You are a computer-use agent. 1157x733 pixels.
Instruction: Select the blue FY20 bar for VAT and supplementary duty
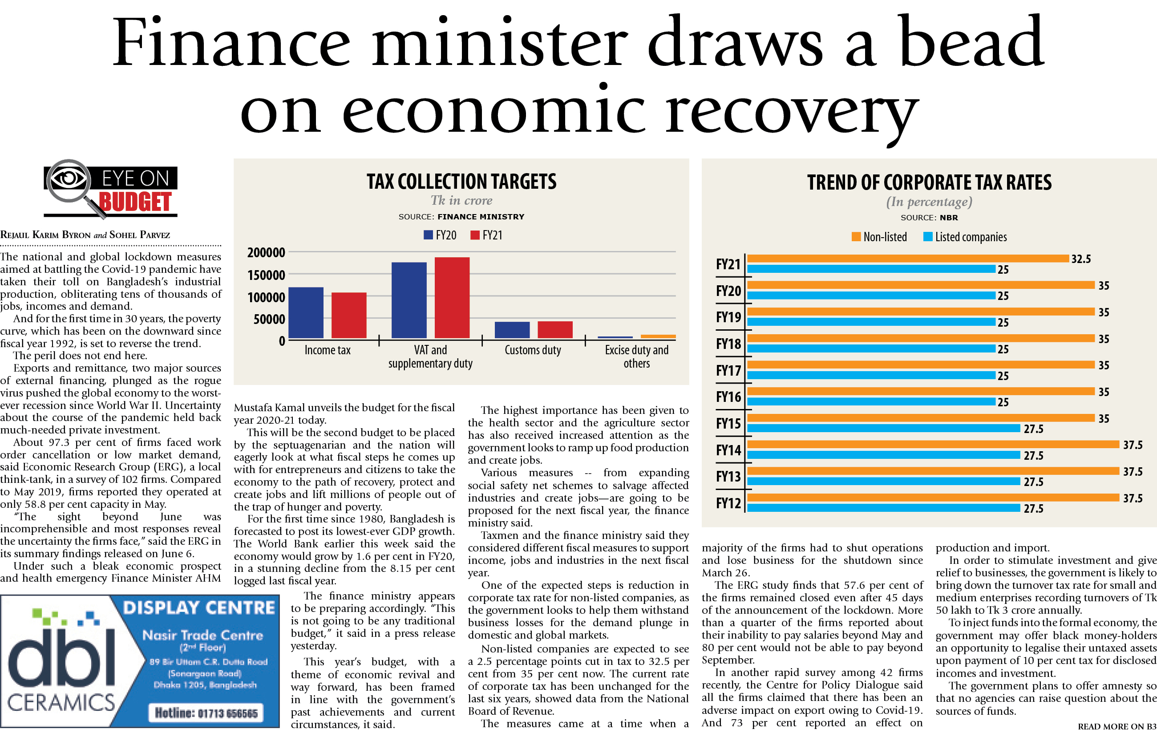[409, 300]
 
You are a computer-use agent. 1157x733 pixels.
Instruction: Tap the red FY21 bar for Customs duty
[555, 330]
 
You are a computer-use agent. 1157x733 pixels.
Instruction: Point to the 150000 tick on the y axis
[266, 275]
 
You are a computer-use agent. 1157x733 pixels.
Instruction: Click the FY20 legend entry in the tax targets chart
[440, 235]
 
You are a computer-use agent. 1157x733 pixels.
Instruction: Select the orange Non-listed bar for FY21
[908, 259]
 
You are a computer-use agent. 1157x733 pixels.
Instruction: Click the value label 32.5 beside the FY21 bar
[1081, 259]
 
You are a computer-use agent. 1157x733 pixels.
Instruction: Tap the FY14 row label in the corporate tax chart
[728, 450]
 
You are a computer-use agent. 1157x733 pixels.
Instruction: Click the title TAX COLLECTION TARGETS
[461, 182]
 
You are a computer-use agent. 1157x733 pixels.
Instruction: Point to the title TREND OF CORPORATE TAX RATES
[929, 182]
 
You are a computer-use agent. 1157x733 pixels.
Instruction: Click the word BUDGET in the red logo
[135, 202]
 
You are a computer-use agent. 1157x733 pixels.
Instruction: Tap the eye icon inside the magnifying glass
[68, 179]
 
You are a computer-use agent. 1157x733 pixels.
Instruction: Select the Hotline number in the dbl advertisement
[206, 713]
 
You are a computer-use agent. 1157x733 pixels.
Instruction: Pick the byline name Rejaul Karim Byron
[46, 235]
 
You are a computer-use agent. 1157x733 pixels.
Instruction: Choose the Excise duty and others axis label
[636, 356]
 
